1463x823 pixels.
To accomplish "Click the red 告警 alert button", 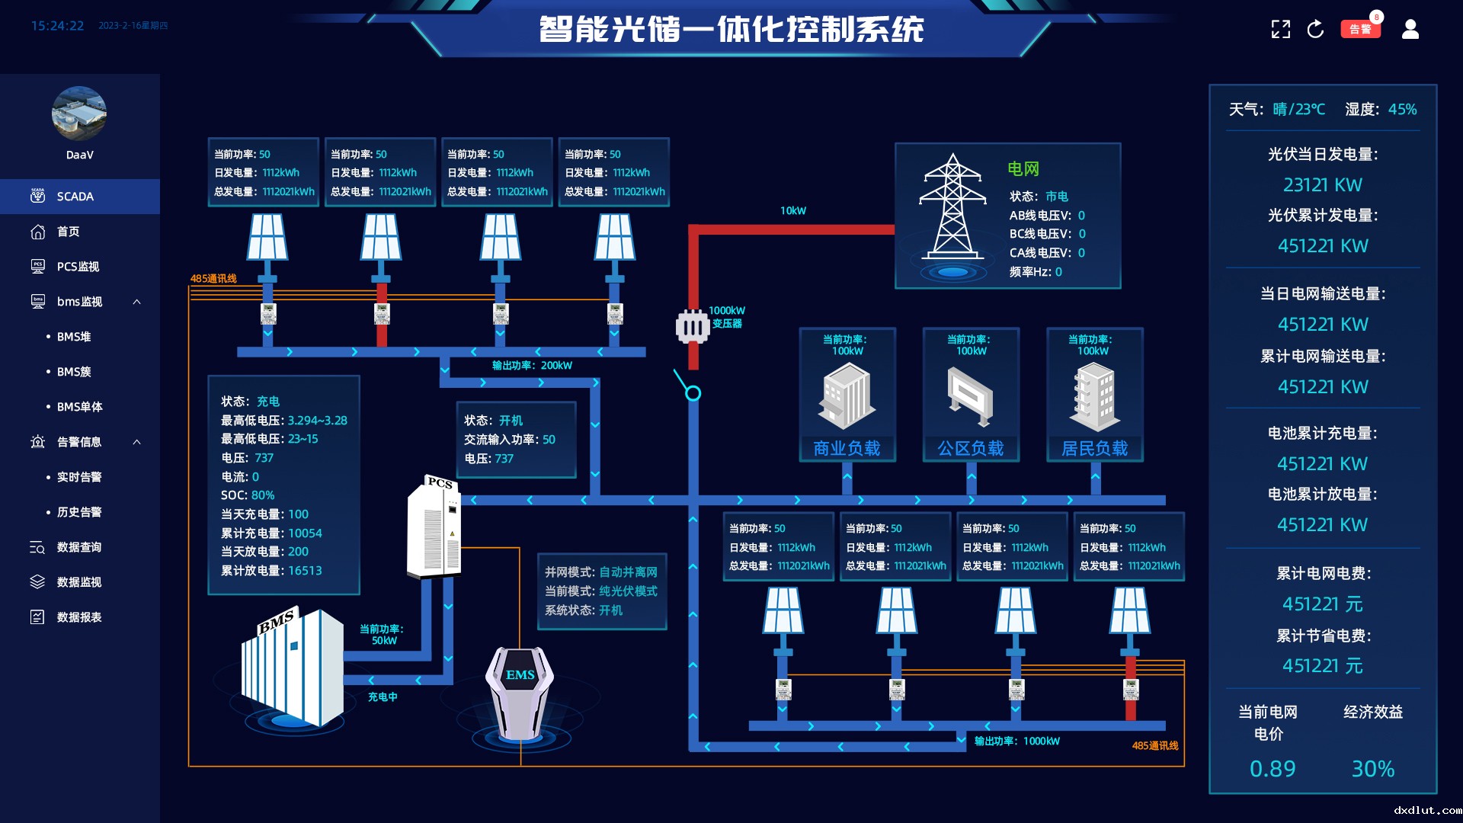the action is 1360,29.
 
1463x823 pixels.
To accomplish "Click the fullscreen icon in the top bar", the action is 1281,29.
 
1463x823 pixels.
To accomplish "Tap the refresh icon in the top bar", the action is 1315,29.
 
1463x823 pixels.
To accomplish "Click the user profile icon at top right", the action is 1410,29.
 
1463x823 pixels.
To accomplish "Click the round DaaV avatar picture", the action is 79,114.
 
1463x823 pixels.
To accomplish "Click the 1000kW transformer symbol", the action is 693,327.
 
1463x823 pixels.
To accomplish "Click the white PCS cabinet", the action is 434,527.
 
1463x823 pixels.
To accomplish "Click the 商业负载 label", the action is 847,448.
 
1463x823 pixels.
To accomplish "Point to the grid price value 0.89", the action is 1273,769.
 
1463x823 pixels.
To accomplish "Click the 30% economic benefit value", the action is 1373,769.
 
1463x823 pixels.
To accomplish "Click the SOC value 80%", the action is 263,495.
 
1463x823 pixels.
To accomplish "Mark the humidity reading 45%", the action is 1403,110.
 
